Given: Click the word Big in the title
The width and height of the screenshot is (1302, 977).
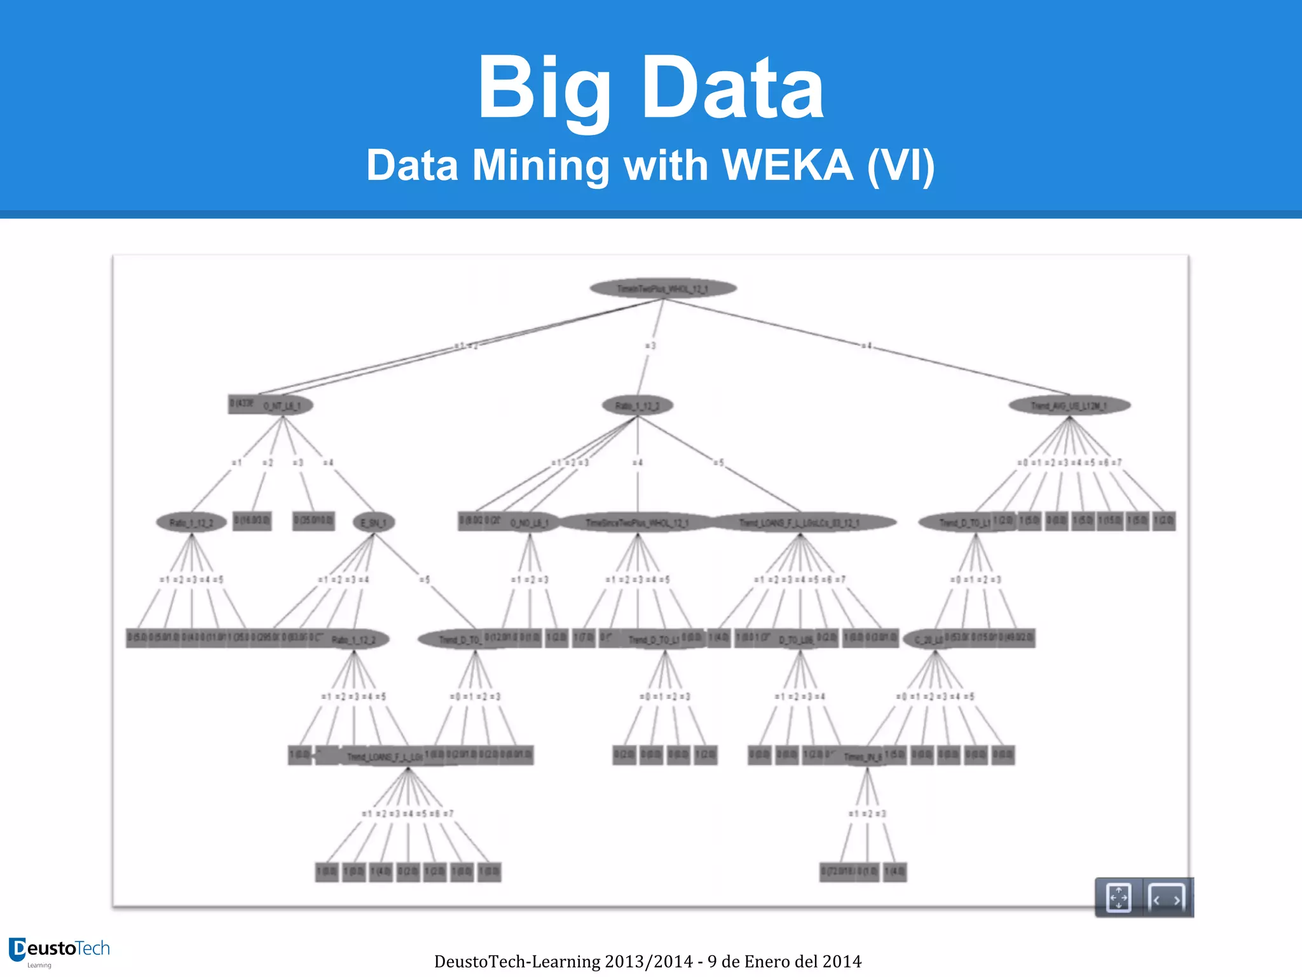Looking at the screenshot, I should tap(544, 89).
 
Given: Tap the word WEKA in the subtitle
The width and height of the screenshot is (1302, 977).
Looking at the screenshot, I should tap(788, 165).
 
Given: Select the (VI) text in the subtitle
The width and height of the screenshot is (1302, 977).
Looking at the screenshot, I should tap(901, 165).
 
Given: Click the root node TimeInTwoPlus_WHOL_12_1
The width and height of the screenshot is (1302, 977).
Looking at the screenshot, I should tap(663, 289).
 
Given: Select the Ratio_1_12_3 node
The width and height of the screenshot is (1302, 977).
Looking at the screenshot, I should tap(637, 405).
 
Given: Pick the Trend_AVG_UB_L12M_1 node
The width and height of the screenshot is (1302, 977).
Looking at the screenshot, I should tap(1069, 405).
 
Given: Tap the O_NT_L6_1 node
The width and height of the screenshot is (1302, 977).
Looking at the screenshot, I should tap(283, 405).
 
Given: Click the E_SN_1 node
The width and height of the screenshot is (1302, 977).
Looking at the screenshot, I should tap(374, 522).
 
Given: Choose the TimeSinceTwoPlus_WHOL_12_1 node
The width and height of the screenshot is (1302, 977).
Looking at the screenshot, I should tap(637, 522).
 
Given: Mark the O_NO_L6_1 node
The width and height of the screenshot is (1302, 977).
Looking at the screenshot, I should tap(530, 522).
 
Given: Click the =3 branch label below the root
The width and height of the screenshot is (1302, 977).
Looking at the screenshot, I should tap(650, 346).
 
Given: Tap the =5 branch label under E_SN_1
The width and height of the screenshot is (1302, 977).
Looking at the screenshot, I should tap(425, 579).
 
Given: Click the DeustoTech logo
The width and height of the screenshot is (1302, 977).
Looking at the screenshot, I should tap(59, 951).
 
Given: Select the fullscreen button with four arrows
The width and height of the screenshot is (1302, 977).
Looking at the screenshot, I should tap(1118, 898).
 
